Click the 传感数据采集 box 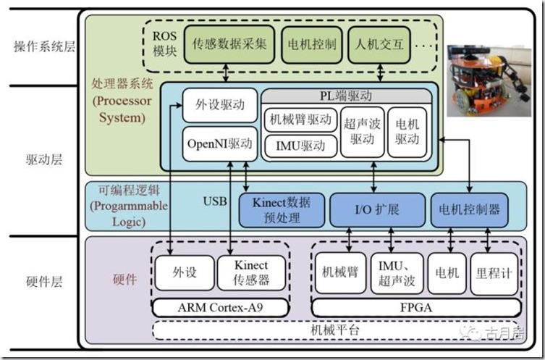coord(230,43)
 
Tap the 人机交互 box coord(379,43)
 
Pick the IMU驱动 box coord(299,146)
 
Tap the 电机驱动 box coord(408,133)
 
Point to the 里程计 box coord(494,273)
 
